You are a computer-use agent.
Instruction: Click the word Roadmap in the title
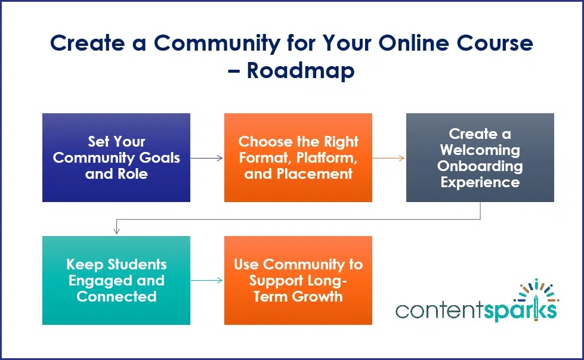pyautogui.click(x=301, y=70)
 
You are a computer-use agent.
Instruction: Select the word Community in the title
pyautogui.click(x=217, y=43)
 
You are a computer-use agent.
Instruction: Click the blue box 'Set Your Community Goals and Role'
pyautogui.click(x=116, y=157)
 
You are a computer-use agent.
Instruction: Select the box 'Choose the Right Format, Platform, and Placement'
pyautogui.click(x=298, y=157)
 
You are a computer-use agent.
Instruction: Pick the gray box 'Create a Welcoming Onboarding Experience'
pyautogui.click(x=480, y=157)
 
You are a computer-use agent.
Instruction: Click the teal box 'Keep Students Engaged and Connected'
pyautogui.click(x=116, y=280)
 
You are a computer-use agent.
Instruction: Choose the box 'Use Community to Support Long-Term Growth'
pyautogui.click(x=298, y=280)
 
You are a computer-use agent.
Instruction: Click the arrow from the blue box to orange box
pyautogui.click(x=207, y=158)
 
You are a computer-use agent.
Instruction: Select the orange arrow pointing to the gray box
pyautogui.click(x=388, y=158)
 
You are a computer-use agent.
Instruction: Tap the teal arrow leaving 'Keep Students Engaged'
pyautogui.click(x=207, y=280)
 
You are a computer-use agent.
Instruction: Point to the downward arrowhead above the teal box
pyautogui.click(x=116, y=231)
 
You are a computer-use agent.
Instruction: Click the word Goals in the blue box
pyautogui.click(x=159, y=158)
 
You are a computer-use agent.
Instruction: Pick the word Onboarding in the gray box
pyautogui.click(x=480, y=166)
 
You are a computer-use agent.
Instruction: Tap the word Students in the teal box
pyautogui.click(x=137, y=264)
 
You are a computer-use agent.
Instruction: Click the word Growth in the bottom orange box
pyautogui.click(x=317, y=297)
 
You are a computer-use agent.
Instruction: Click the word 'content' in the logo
pyautogui.click(x=440, y=311)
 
